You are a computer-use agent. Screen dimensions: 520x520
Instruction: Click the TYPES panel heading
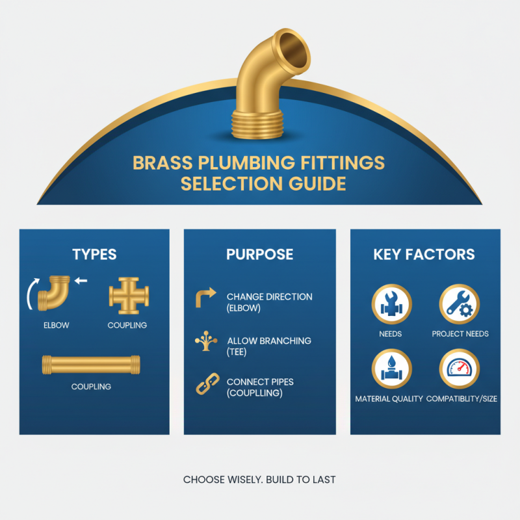tap(95, 253)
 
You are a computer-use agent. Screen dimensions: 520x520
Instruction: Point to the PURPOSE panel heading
tap(259, 253)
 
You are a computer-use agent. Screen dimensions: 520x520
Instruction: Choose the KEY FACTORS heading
tap(424, 253)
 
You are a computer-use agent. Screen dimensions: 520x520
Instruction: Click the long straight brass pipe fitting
tap(91, 364)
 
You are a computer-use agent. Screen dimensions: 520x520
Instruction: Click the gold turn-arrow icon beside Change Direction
tap(206, 298)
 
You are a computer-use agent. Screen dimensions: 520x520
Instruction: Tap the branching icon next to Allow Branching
tap(206, 342)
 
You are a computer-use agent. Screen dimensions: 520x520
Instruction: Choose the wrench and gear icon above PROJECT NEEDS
tap(460, 304)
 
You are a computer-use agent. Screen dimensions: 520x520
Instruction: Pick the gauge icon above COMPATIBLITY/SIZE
tap(460, 369)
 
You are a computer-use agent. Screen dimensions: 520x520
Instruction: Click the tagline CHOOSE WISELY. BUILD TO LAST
tap(259, 480)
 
